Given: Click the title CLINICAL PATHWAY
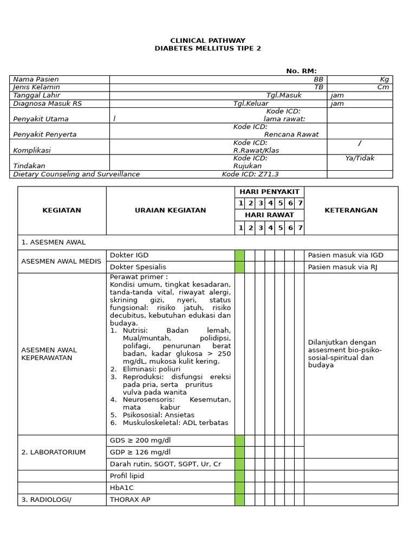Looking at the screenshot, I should coord(207,41).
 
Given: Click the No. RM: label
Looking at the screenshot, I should coord(301,71).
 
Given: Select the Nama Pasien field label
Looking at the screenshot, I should coord(36,79).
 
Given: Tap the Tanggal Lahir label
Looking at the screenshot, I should coord(36,95).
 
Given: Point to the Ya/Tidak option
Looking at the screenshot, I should coord(360,158).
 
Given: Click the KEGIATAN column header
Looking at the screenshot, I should coord(62,210).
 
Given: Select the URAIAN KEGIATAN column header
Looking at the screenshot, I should coord(170,210).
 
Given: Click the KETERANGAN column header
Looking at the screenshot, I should coord(350,210).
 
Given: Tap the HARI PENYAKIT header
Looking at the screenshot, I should coord(269,192).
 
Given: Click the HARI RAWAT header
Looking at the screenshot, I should coord(269,215).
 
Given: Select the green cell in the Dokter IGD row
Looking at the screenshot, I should coord(239,255).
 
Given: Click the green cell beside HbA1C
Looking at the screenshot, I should coord(239,488).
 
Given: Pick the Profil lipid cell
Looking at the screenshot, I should coord(127,476).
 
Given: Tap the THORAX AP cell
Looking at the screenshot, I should coord(130,500).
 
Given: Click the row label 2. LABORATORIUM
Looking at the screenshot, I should coord(53,452).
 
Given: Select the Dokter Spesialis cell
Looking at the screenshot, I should coord(138,267).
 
